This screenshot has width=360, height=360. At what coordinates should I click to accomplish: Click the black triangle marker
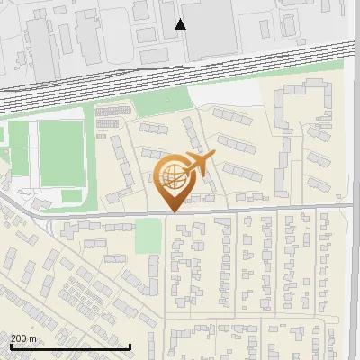[181, 24]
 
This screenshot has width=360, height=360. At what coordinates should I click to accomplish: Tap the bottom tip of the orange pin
[171, 211]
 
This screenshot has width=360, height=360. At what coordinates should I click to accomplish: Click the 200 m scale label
[23, 338]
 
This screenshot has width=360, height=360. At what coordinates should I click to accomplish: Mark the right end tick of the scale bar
[130, 346]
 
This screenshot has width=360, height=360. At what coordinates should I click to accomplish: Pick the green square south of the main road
[148, 236]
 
